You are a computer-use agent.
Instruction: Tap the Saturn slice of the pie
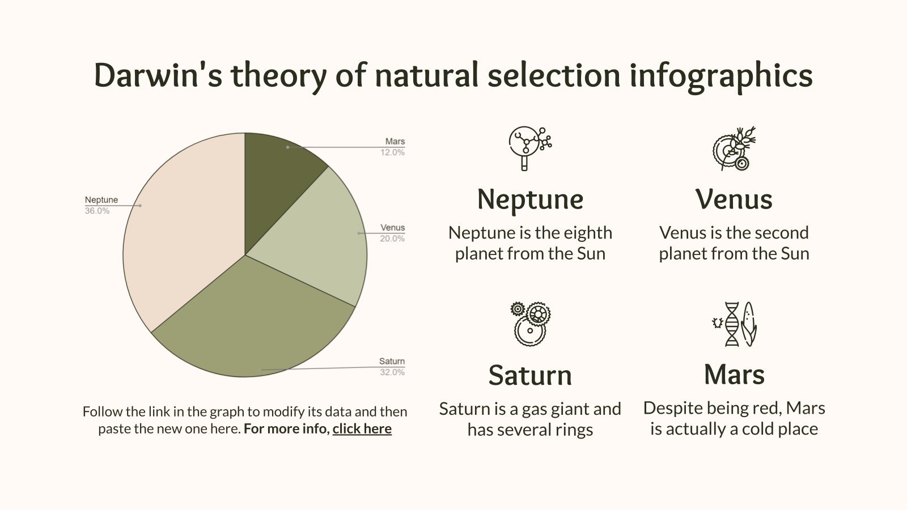pos(255,323)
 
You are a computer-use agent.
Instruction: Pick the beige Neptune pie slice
pos(181,238)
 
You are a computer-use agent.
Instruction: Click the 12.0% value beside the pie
pos(392,152)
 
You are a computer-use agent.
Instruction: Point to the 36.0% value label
pos(97,211)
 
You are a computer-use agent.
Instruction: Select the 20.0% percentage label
pos(392,239)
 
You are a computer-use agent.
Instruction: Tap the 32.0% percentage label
pos(392,372)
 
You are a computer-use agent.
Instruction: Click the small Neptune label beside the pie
pos(101,200)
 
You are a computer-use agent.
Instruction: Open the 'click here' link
pos(362,429)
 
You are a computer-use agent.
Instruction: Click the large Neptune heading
pos(530,199)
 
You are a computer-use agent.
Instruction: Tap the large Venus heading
pos(734,199)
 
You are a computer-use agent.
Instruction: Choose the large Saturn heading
pos(530,375)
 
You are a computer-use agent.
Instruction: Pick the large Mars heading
pos(734,375)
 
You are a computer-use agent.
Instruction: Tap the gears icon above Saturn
pos(531,324)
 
